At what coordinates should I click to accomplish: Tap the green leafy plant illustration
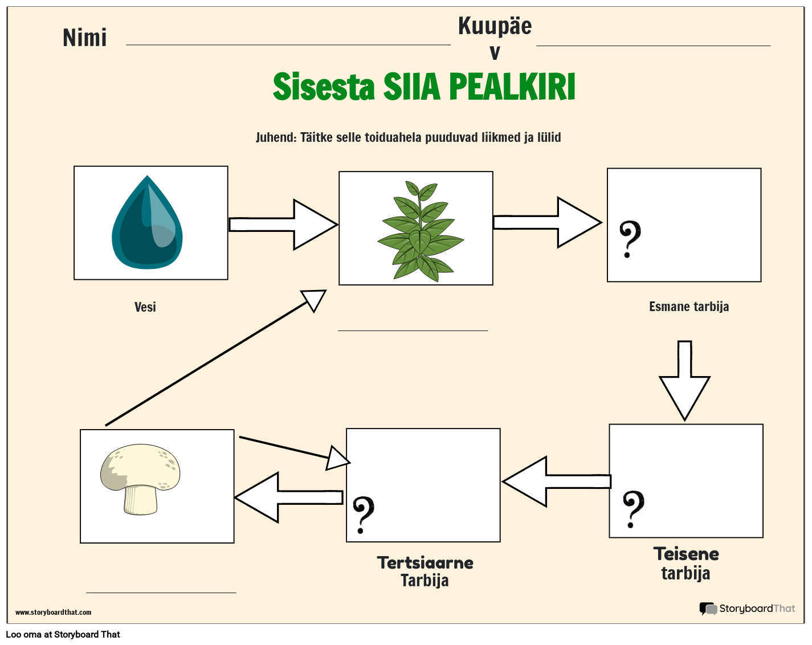(x=420, y=231)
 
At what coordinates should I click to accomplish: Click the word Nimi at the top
(x=85, y=38)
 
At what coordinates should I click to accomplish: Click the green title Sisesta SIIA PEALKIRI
(x=424, y=87)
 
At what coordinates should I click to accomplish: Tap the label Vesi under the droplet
(x=145, y=307)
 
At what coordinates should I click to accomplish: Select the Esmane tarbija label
(x=689, y=307)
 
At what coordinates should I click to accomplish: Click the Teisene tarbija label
(x=686, y=563)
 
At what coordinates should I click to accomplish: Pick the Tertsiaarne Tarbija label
(x=425, y=571)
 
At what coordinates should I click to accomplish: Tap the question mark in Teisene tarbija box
(x=633, y=509)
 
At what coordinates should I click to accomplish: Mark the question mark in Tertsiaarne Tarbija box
(x=363, y=515)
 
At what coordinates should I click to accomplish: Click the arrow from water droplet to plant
(x=283, y=224)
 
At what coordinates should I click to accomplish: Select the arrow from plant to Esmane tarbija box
(x=547, y=222)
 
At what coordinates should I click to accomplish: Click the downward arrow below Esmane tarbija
(x=684, y=381)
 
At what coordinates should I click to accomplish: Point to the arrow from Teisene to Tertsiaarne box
(x=556, y=481)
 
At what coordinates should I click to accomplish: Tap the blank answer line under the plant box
(x=413, y=329)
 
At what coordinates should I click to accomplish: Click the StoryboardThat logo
(x=747, y=609)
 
